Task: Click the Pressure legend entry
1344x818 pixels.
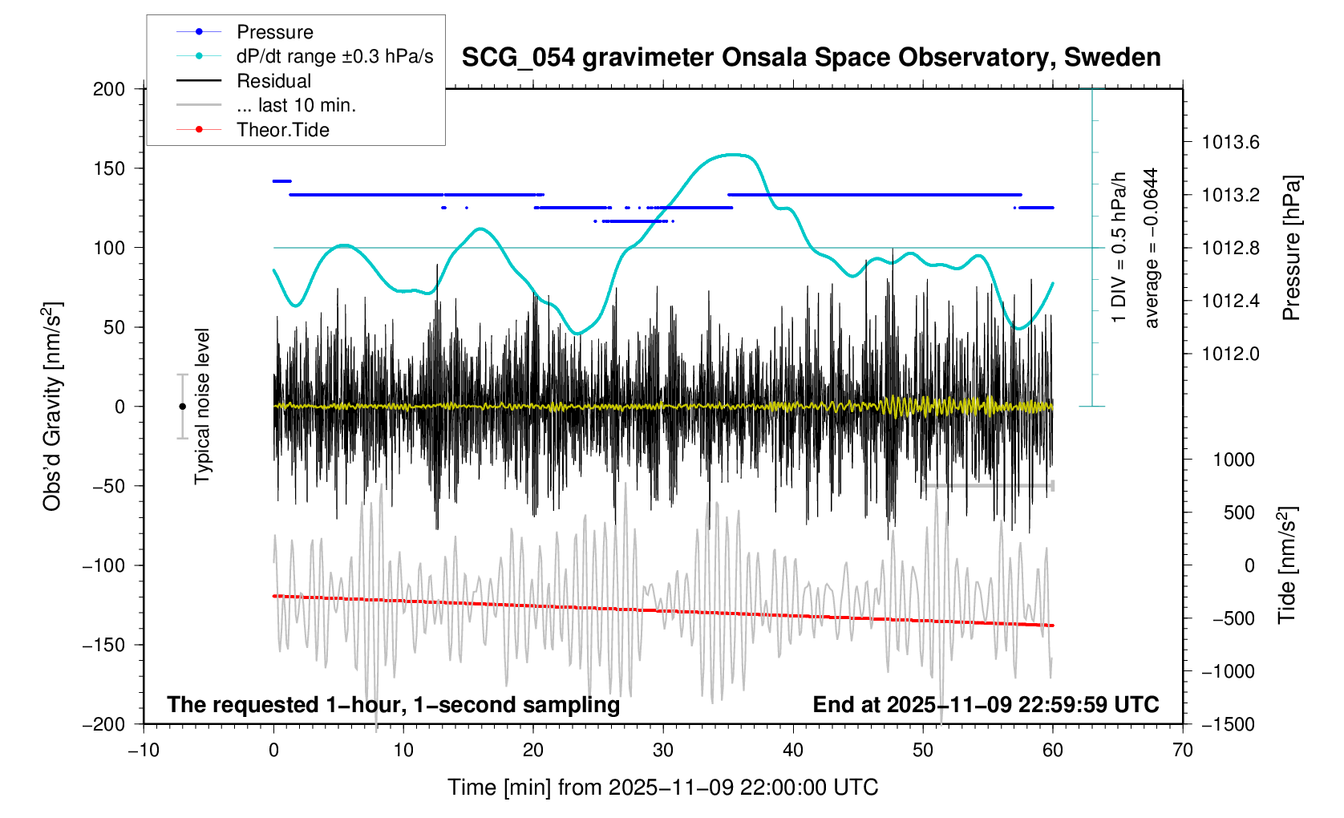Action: [x=274, y=32]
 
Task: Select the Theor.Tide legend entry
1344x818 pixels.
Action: [x=282, y=130]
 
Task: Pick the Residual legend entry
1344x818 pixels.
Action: [x=273, y=81]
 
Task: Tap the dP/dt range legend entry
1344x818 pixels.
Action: [x=334, y=56]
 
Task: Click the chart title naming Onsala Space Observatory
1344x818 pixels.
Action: [x=811, y=58]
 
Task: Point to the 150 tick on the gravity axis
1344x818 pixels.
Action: [x=109, y=168]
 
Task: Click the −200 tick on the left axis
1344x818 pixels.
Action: [x=104, y=724]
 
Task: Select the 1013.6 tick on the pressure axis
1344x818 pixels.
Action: [x=1230, y=143]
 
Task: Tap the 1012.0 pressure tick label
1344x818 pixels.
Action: [x=1230, y=354]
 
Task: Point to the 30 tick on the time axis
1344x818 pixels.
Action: [x=663, y=750]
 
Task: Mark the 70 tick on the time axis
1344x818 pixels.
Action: [x=1183, y=750]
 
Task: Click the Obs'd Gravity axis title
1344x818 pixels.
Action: [x=52, y=407]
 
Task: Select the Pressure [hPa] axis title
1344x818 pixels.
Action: [x=1290, y=248]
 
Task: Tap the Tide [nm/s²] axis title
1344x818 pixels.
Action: [x=1286, y=565]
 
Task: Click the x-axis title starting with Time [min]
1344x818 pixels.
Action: [x=662, y=788]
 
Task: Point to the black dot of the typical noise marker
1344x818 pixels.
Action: [x=183, y=407]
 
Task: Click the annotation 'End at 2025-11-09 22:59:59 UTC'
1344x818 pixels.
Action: [x=986, y=705]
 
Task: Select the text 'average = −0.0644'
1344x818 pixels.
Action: [x=1152, y=248]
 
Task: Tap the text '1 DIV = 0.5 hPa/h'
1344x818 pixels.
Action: [x=1119, y=248]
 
